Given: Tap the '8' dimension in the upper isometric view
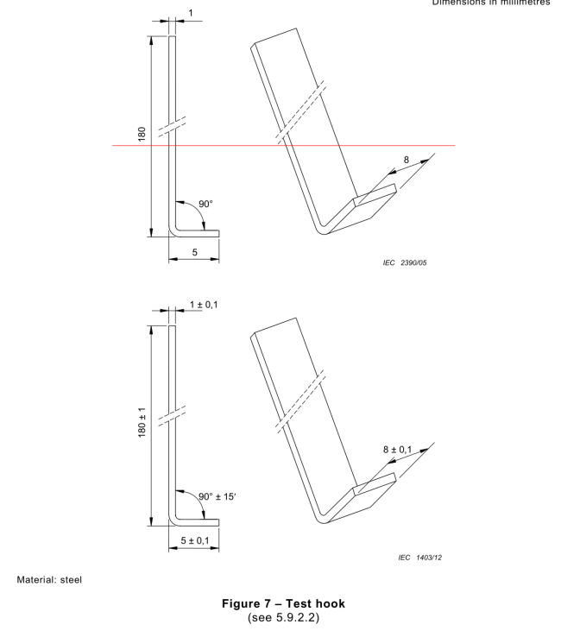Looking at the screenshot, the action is click(x=407, y=159).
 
